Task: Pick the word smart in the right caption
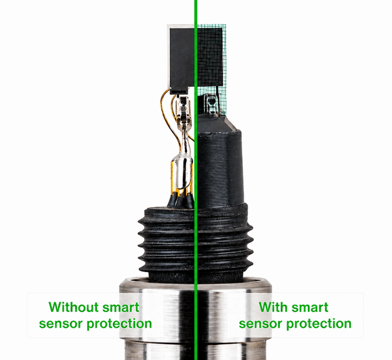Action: point(310,307)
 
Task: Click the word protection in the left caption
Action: point(119,324)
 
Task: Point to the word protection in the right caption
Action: point(319,324)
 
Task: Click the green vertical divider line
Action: point(196,180)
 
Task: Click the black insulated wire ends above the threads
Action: point(181,200)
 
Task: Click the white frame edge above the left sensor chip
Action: point(180,26)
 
